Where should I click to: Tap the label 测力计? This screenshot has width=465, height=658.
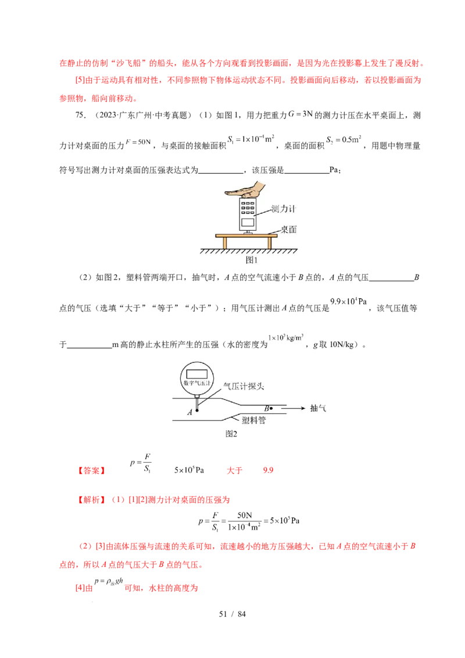pos(284,209)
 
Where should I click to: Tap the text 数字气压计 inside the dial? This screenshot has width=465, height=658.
pos(196,384)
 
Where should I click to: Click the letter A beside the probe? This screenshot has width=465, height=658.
pos(189,412)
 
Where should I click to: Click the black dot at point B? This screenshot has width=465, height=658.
pos(271,409)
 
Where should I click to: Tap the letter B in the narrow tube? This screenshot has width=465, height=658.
pos(265,409)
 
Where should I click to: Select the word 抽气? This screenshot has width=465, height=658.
pos(319,408)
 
